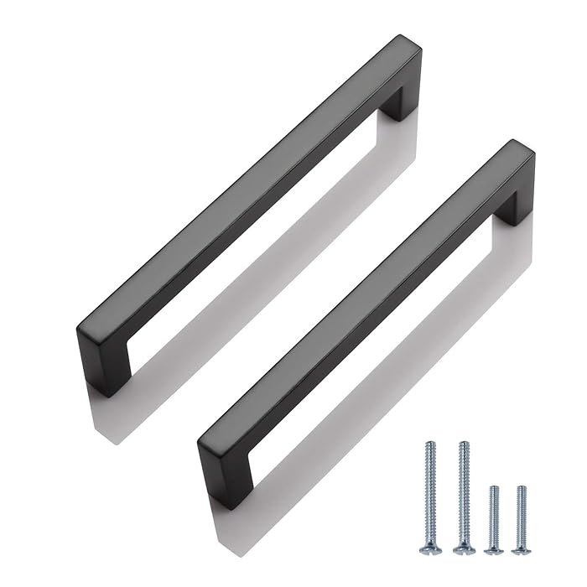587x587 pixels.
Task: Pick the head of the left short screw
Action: tap(495, 550)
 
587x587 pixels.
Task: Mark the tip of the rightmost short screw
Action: tap(522, 487)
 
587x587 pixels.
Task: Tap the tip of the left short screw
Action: tap(495, 487)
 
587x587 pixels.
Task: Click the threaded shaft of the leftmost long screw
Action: tap(431, 495)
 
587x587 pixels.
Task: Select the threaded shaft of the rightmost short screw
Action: tap(522, 516)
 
